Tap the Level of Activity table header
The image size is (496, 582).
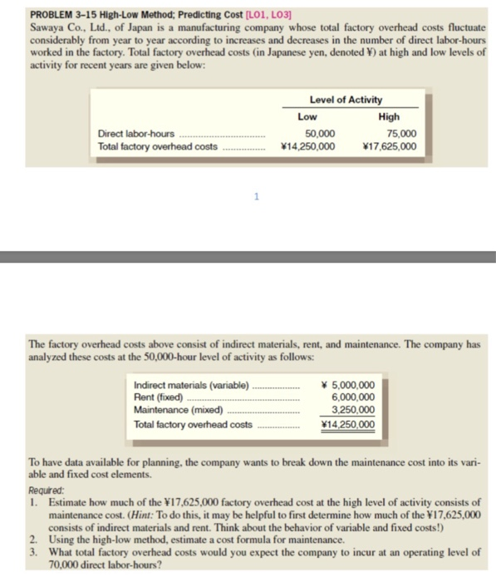point(346,101)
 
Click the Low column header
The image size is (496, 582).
point(307,116)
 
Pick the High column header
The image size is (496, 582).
point(388,116)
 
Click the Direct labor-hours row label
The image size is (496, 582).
point(136,133)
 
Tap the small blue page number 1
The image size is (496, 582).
point(257,197)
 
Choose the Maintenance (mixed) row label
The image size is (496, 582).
point(179,410)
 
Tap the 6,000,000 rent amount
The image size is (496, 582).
point(353,397)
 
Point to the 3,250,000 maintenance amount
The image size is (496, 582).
point(353,410)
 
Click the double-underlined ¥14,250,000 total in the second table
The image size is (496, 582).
point(346,423)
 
